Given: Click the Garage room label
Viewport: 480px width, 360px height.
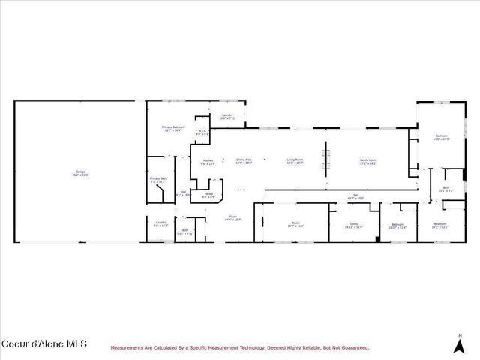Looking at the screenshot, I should pyautogui.click(x=80, y=173).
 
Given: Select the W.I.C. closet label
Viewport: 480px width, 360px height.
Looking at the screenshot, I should pyautogui.click(x=201, y=133).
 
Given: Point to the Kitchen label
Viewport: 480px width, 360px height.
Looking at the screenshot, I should pyautogui.click(x=208, y=162).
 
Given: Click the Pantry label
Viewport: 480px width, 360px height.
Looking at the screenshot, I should pyautogui.click(x=208, y=195).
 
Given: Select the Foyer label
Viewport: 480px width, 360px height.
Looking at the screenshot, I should pyautogui.click(x=233, y=218).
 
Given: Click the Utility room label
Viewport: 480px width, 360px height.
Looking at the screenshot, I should pyautogui.click(x=353, y=225).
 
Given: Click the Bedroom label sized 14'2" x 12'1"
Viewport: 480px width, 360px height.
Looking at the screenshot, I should pyautogui.click(x=439, y=225).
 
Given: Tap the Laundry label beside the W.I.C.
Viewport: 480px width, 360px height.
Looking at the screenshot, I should pyautogui.click(x=227, y=116).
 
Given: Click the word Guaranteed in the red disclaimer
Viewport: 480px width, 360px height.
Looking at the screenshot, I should pyautogui.click(x=352, y=347).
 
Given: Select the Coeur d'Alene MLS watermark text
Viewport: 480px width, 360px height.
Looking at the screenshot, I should pyautogui.click(x=44, y=343).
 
